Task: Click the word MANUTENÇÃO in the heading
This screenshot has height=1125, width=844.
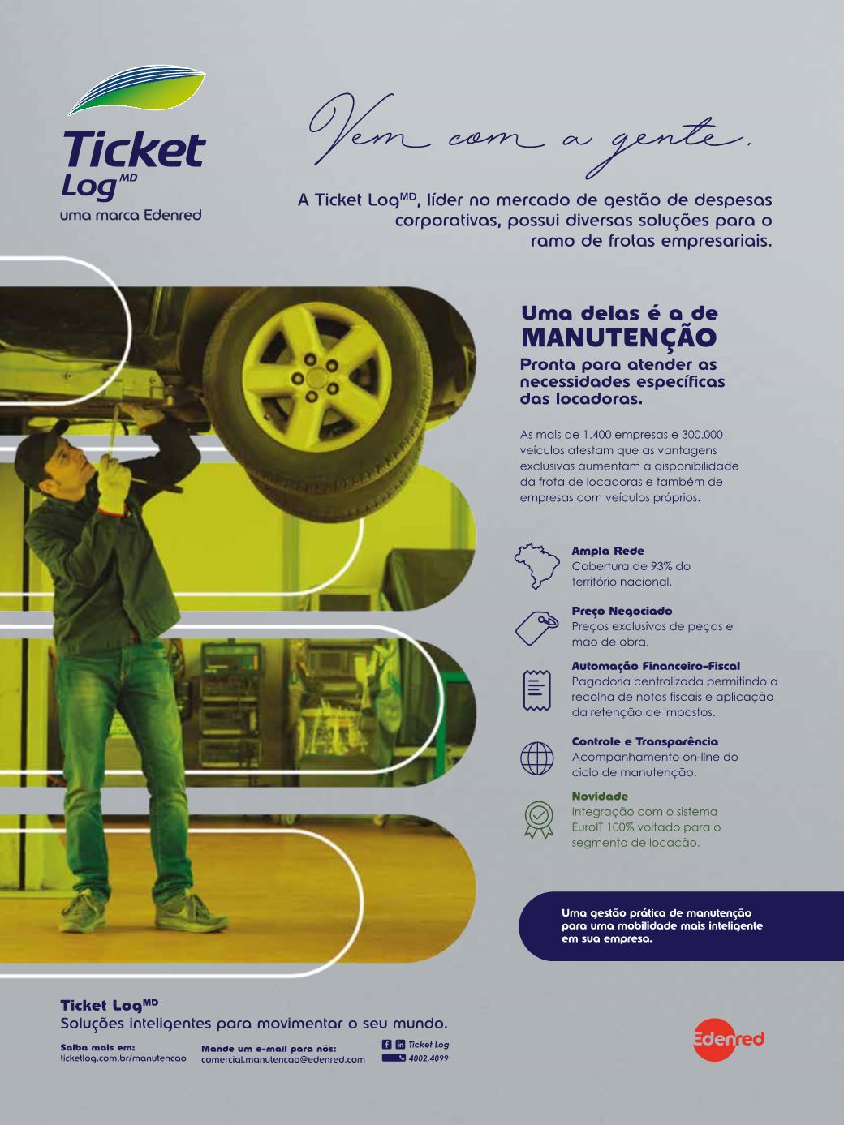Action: coord(619,337)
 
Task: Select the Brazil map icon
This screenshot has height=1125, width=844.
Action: coord(536,566)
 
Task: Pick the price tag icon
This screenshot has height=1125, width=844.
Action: coord(537,627)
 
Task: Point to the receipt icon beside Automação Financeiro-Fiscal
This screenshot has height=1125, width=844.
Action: coord(537,690)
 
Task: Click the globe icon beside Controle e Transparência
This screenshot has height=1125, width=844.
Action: coord(537,758)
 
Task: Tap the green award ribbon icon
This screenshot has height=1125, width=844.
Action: coord(538,819)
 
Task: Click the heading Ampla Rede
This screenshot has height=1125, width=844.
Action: coord(608,551)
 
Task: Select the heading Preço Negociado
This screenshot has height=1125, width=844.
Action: coord(622,611)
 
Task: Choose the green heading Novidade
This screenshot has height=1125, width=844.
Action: coord(600,796)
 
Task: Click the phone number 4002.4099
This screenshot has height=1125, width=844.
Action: coord(428,1058)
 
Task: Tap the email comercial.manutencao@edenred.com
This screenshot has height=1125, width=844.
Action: coord(283,1058)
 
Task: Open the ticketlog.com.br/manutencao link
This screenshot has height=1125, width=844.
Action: coord(123,1058)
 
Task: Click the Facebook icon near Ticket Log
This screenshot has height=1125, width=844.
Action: coord(386,1044)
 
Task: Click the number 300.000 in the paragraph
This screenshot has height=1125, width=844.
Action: coord(702,435)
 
